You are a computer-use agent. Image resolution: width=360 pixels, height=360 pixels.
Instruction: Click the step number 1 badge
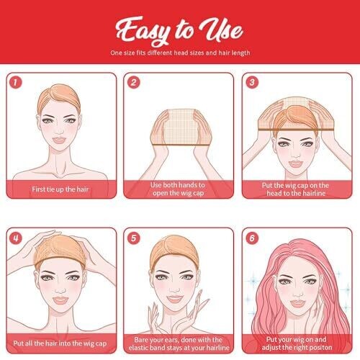tap(16, 82)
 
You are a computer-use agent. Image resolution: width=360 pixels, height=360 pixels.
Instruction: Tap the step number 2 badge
tap(134, 82)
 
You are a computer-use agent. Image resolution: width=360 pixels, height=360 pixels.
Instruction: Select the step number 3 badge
tap(252, 82)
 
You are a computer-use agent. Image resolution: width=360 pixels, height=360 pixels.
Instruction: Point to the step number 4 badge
tap(16, 238)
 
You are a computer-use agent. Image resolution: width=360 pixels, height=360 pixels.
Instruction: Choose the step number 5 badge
tap(134, 238)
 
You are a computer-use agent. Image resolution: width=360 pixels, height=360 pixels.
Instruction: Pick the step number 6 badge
tap(252, 238)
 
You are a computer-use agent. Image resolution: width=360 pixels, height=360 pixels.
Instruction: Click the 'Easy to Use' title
tap(179, 31)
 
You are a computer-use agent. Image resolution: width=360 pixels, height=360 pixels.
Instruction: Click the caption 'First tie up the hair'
tap(60, 189)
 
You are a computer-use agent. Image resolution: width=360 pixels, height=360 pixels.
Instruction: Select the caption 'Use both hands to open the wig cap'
tap(178, 189)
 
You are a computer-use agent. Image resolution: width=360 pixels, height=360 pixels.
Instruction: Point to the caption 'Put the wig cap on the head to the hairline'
tap(295, 189)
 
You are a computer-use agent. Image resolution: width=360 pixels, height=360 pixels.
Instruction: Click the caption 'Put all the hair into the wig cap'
tap(60, 343)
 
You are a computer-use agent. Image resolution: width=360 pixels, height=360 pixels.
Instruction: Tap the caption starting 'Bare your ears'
tap(179, 343)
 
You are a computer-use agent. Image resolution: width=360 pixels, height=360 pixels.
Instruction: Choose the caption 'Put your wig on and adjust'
tap(297, 343)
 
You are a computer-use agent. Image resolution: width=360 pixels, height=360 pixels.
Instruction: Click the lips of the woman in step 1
tap(59, 140)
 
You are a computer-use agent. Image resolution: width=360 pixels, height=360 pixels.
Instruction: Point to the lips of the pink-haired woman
tap(297, 303)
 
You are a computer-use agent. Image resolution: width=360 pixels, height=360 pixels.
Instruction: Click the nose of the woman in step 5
tap(175, 290)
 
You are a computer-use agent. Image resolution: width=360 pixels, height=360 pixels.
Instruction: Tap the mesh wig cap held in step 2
tap(181, 127)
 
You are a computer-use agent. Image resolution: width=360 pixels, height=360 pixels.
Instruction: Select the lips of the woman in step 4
tap(60, 300)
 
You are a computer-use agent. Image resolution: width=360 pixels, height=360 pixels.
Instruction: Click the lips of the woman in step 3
tap(295, 164)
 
